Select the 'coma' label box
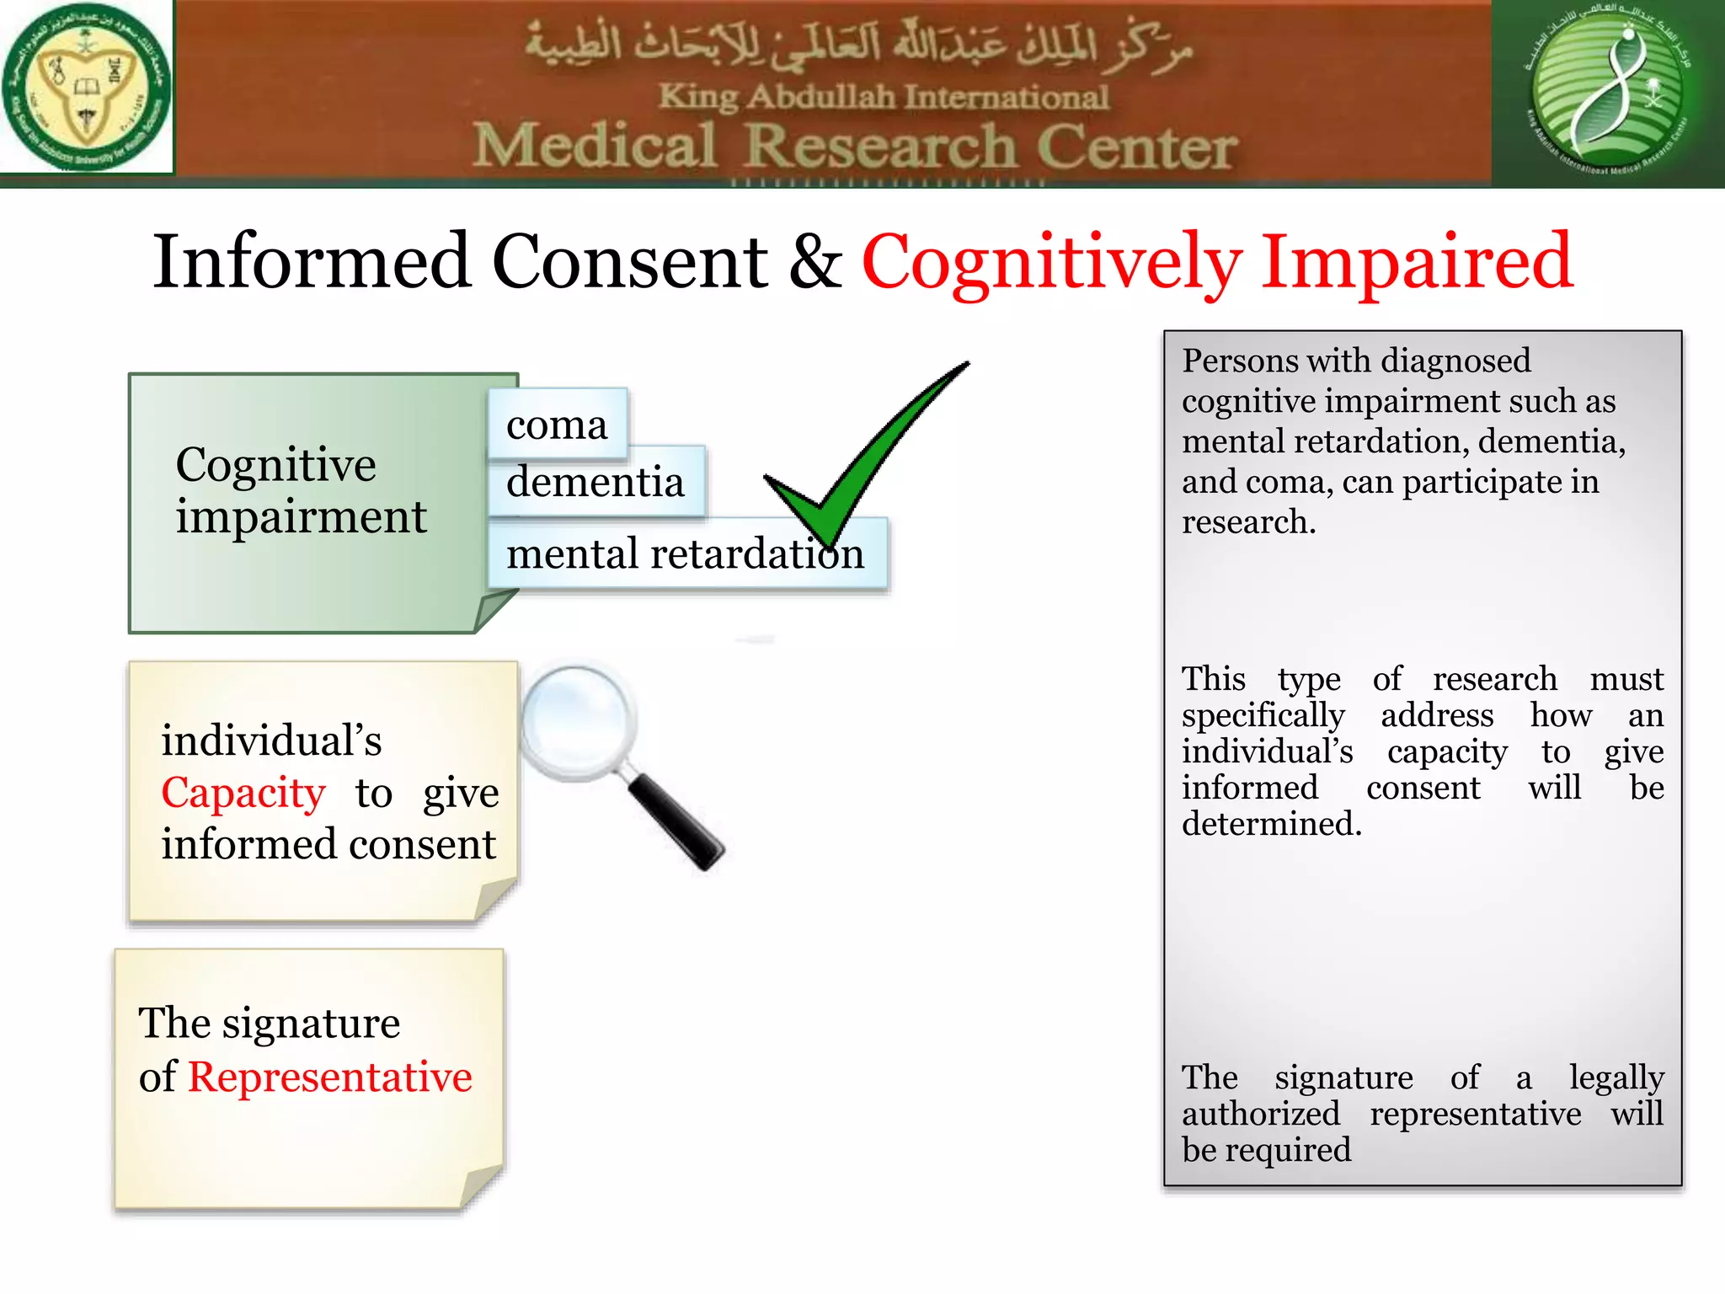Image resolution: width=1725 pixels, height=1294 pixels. (x=558, y=425)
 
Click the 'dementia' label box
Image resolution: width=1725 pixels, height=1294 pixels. (x=595, y=482)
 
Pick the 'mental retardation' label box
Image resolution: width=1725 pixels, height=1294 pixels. (x=685, y=554)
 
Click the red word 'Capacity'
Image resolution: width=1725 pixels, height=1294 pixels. (x=243, y=793)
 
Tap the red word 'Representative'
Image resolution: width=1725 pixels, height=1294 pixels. (x=329, y=1077)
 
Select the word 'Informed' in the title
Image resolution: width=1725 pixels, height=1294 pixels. (x=311, y=261)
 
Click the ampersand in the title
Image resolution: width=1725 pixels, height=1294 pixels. (x=814, y=261)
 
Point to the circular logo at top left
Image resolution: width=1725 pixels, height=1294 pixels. (x=86, y=87)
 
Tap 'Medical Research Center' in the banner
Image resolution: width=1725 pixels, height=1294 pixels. (x=854, y=147)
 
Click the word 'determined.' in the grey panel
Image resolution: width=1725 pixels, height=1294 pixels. (x=1271, y=824)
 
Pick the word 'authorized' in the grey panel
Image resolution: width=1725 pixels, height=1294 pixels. (x=1260, y=1114)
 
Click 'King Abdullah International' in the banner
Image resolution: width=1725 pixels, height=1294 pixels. (x=883, y=97)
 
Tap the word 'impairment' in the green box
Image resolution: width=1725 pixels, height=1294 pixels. (x=301, y=516)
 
